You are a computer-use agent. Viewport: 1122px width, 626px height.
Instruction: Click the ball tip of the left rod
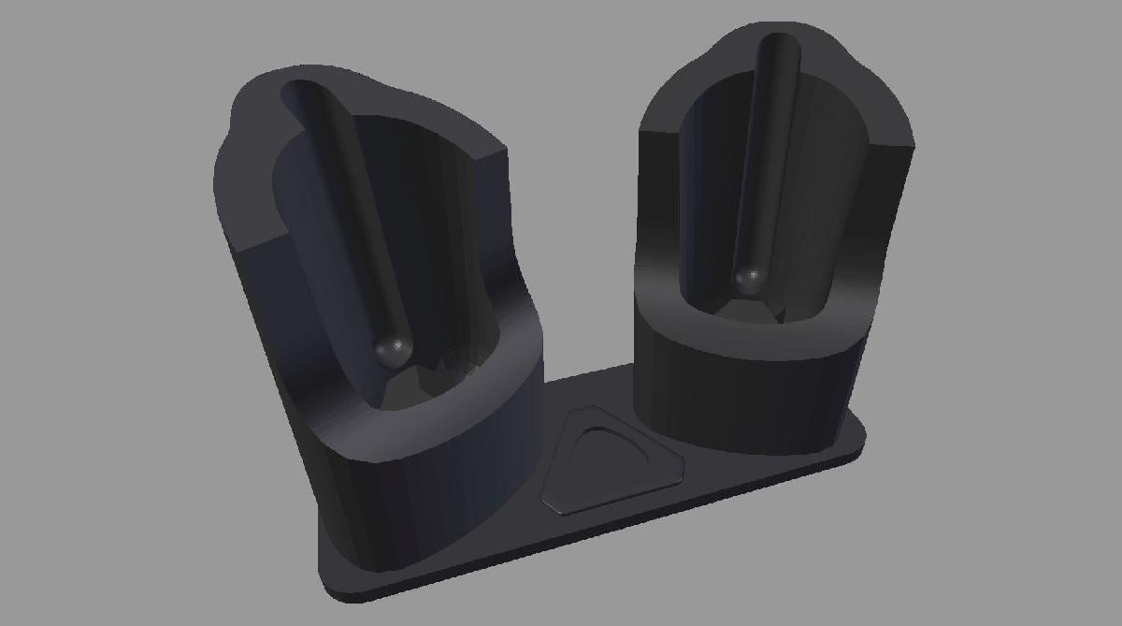point(394,351)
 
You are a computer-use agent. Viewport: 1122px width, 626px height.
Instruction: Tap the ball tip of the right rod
point(748,278)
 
